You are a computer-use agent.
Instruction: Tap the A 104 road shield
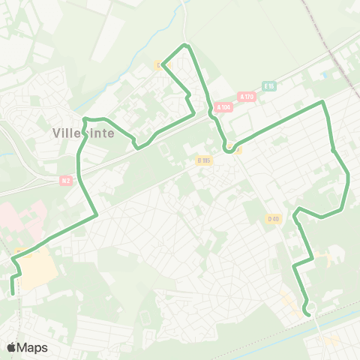coord(223,107)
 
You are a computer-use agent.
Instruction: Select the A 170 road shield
coord(246,97)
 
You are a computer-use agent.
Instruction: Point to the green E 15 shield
coord(270,86)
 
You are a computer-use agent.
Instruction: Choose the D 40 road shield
coord(272,218)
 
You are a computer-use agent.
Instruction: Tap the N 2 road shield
coord(67,180)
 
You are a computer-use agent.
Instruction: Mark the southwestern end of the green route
coord(12,294)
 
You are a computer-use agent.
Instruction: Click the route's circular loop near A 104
coord(229,147)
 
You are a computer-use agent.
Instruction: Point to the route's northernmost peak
coord(186,46)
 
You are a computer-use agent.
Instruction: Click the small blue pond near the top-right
coord(325,76)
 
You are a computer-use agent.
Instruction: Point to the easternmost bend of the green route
coord(349,178)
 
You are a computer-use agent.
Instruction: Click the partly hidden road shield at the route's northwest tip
coord(160,65)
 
